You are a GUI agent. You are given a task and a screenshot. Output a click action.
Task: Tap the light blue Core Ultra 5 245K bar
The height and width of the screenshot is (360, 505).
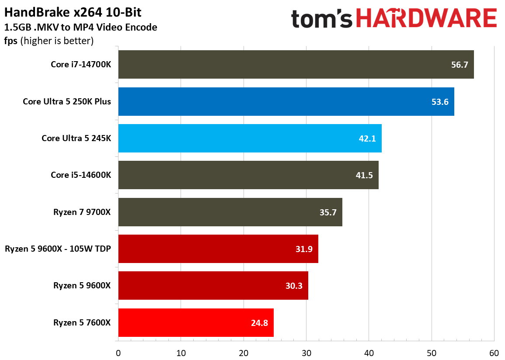click(x=250, y=138)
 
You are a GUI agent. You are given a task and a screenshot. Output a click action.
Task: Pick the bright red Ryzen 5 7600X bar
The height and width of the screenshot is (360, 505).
click(x=195, y=322)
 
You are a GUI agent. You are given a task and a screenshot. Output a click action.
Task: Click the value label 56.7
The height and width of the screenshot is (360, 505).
click(x=459, y=65)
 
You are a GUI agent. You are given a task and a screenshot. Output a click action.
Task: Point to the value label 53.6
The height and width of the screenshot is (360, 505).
click(x=439, y=102)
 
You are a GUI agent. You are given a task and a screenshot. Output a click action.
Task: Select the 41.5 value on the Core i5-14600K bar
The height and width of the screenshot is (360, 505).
click(x=364, y=175)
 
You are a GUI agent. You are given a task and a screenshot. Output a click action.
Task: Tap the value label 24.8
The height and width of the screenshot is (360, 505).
click(x=259, y=323)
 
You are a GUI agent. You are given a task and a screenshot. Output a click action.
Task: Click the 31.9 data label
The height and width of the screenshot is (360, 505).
click(x=303, y=249)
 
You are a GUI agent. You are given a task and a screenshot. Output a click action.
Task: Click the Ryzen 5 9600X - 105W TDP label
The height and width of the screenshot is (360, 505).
click(x=58, y=249)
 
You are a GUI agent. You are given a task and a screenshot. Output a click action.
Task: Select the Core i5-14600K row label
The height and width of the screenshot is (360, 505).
click(x=81, y=175)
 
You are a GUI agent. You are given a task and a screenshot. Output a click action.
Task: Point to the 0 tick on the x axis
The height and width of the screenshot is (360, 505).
click(x=118, y=352)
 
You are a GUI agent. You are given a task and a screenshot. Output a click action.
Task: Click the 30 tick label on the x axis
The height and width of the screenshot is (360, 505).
click(x=306, y=352)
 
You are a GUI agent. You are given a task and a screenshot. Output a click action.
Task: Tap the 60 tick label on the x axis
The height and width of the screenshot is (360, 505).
click(x=494, y=352)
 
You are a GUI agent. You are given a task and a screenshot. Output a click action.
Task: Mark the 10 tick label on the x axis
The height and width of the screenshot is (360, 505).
click(x=181, y=352)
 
